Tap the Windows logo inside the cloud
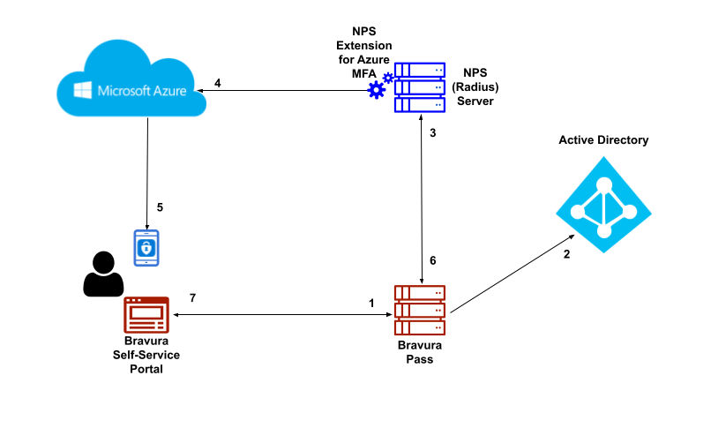tap(84, 90)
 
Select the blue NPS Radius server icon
tap(420, 87)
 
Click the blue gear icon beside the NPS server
tap(378, 88)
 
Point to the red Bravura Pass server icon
tap(420, 310)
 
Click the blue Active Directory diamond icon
tap(604, 205)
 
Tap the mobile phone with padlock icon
tap(146, 248)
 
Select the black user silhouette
tap(101, 274)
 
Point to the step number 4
tap(217, 83)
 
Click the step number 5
tap(160, 207)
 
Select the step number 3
tap(432, 133)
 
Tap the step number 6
tap(432, 260)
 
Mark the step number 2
tap(566, 254)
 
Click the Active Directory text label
tap(603, 140)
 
